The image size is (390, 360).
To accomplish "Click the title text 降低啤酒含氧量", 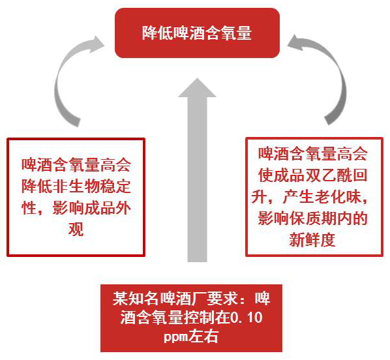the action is point(197,33).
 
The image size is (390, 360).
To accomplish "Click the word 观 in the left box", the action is point(76,229).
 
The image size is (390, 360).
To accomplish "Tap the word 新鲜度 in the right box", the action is point(312,240).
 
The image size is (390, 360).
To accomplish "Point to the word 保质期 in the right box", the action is point(312,218).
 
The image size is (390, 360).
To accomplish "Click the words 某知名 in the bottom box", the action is point(136,299).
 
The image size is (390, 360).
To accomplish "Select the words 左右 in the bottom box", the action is point(203,337).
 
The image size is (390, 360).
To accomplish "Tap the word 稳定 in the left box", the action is point(115,186).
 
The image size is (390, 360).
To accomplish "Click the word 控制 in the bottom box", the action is point(200,318).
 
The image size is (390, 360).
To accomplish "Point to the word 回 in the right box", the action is point(359,175).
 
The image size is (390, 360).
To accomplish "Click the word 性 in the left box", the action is point(29,207).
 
